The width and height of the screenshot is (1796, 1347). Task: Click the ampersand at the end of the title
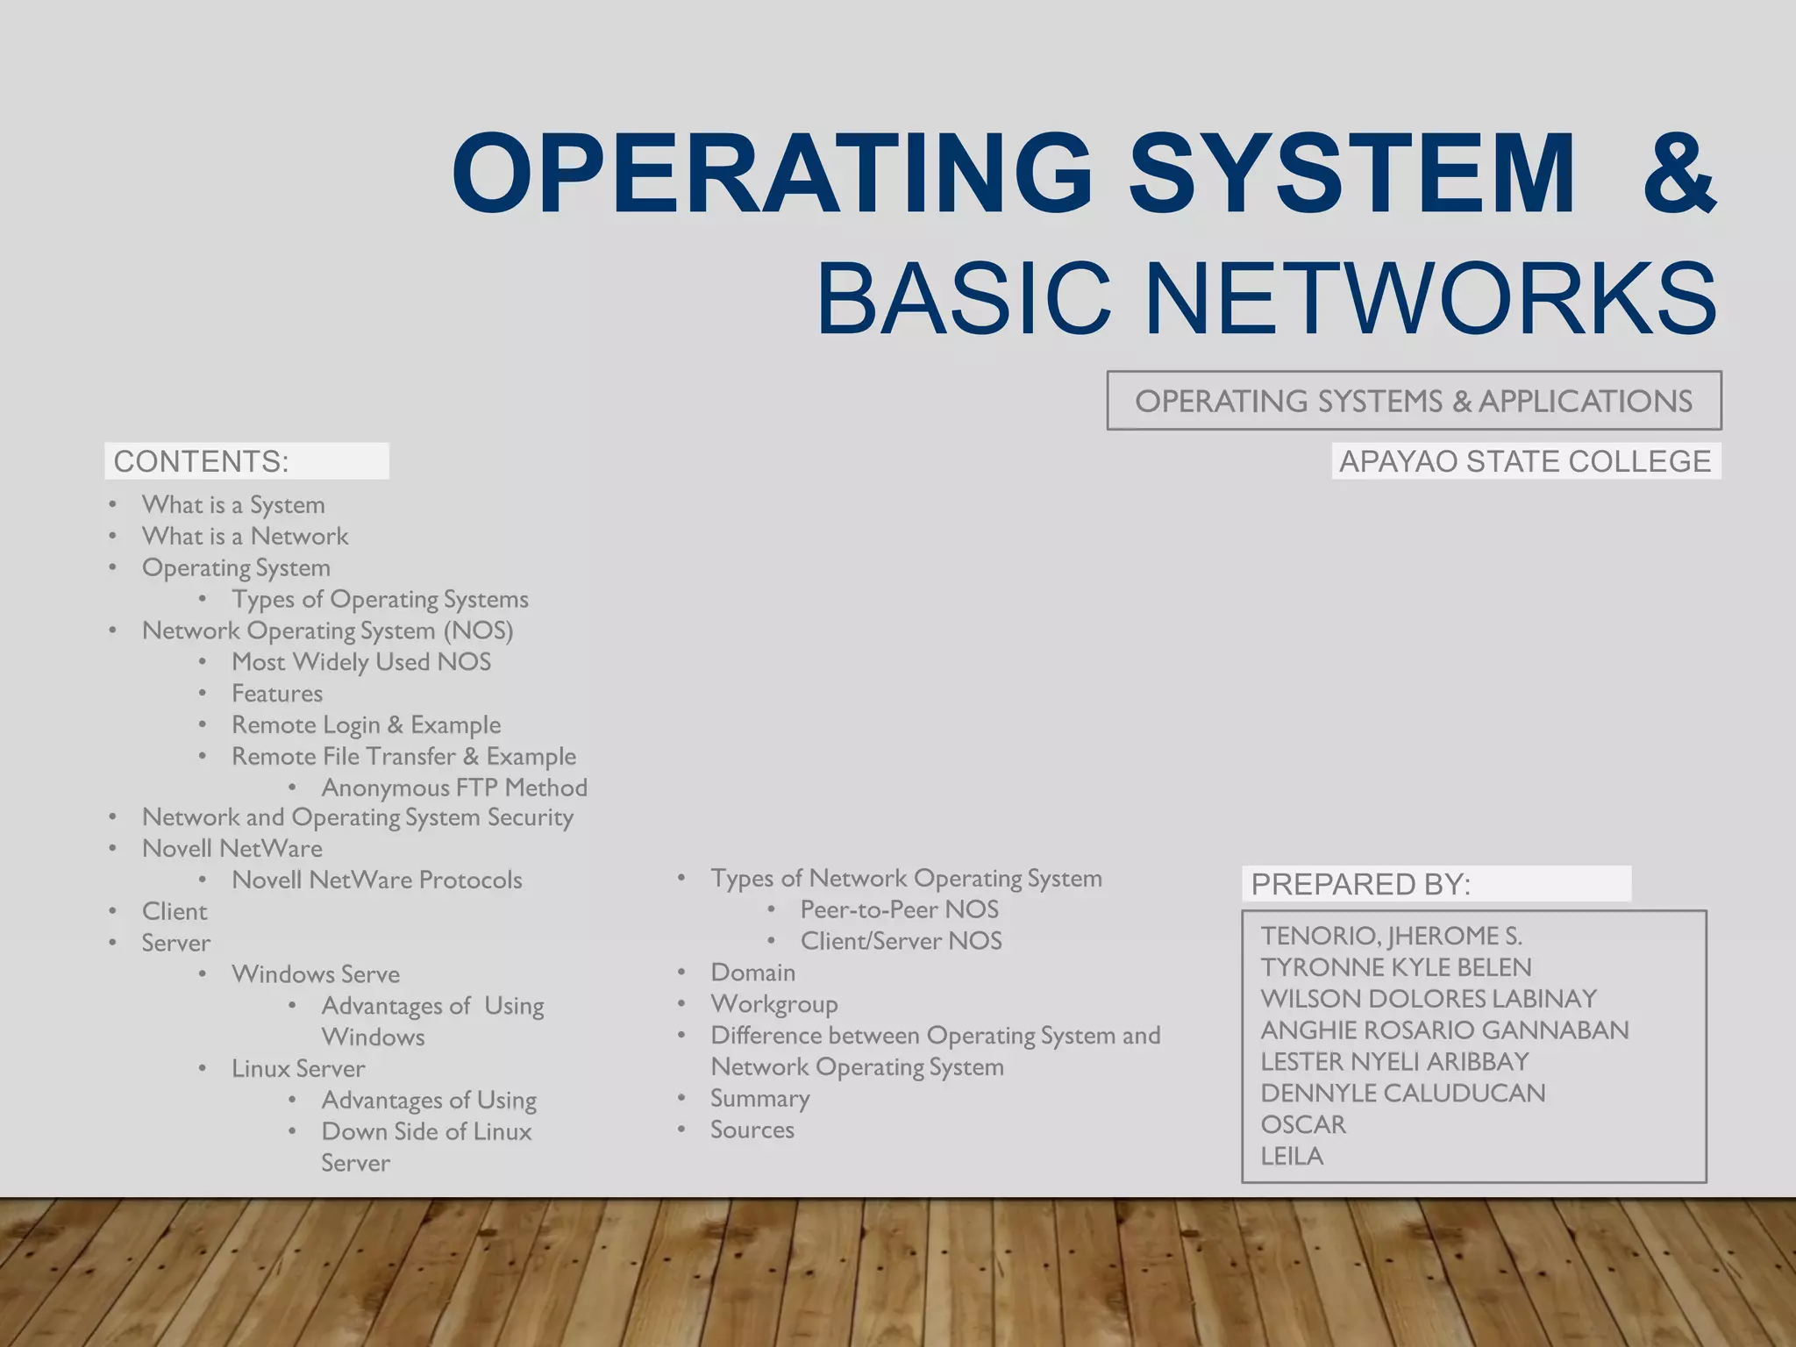[1678, 174]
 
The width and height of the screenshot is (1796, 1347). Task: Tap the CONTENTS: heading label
[202, 461]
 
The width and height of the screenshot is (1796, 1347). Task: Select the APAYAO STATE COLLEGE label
[1525, 461]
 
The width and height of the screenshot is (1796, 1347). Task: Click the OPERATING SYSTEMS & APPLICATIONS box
[1414, 401]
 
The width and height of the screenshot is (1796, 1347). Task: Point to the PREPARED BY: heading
[1360, 884]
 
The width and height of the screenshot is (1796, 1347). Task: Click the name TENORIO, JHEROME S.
[1391, 936]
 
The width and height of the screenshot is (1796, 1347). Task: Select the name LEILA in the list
[1292, 1156]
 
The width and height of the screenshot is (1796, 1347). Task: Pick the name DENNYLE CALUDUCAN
[1402, 1093]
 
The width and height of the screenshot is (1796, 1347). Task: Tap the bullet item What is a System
[233, 504]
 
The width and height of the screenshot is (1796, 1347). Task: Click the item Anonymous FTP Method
[454, 788]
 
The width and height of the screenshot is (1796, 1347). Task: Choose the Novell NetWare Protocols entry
[376, 880]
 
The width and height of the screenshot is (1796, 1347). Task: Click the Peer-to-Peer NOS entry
[899, 909]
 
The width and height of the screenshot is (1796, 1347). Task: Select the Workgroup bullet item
[773, 1004]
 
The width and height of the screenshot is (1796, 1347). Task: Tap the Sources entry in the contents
[752, 1130]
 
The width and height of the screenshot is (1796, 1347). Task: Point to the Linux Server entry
[298, 1068]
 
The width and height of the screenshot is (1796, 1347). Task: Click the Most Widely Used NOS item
[360, 662]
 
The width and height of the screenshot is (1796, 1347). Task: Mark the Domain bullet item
[752, 973]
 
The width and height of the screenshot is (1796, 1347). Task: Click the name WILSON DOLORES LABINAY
[1429, 999]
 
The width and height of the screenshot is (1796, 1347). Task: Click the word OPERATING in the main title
[772, 174]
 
